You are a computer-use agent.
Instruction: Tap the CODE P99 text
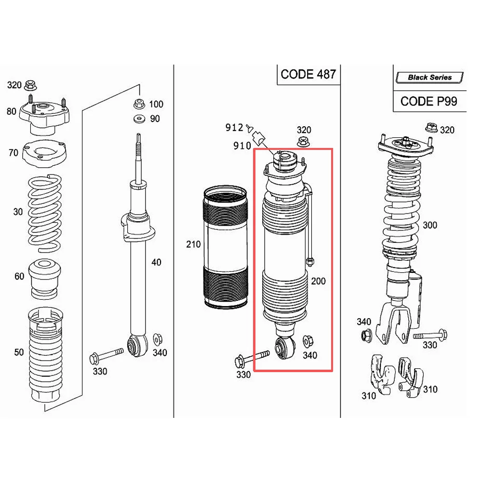pyautogui.click(x=428, y=101)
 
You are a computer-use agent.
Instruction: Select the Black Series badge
pyautogui.click(x=429, y=77)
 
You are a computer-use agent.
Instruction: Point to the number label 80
pyautogui.click(x=11, y=111)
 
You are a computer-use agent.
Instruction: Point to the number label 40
pyautogui.click(x=156, y=263)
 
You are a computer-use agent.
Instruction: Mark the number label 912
pyautogui.click(x=234, y=128)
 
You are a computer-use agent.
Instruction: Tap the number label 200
pyautogui.click(x=318, y=281)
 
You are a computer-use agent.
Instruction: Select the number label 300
pyautogui.click(x=430, y=225)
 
